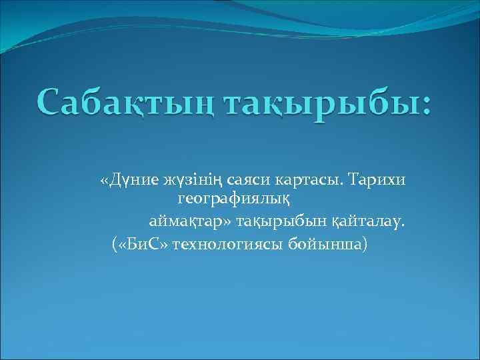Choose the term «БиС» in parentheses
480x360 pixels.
[x=143, y=244]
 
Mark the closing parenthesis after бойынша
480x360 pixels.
[x=364, y=244]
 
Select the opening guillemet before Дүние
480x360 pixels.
[x=103, y=181]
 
